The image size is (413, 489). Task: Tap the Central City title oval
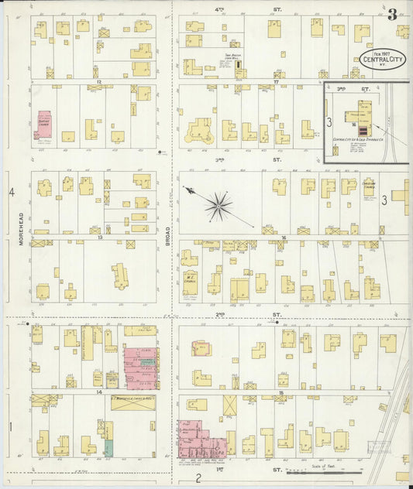[x=381, y=59]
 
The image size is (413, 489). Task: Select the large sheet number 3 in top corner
[x=393, y=14]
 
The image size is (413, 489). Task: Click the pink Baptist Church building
[x=44, y=124]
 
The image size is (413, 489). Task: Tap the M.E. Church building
[x=190, y=282]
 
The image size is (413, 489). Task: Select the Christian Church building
[x=370, y=188]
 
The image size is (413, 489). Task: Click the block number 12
[x=98, y=80]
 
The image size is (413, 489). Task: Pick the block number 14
[x=98, y=393]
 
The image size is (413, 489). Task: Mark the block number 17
[x=276, y=80]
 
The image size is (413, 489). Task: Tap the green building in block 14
[x=108, y=447]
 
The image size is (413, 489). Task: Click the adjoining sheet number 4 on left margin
[x=12, y=192]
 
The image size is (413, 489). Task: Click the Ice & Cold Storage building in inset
[x=364, y=112]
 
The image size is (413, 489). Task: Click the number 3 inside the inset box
[x=329, y=122]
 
